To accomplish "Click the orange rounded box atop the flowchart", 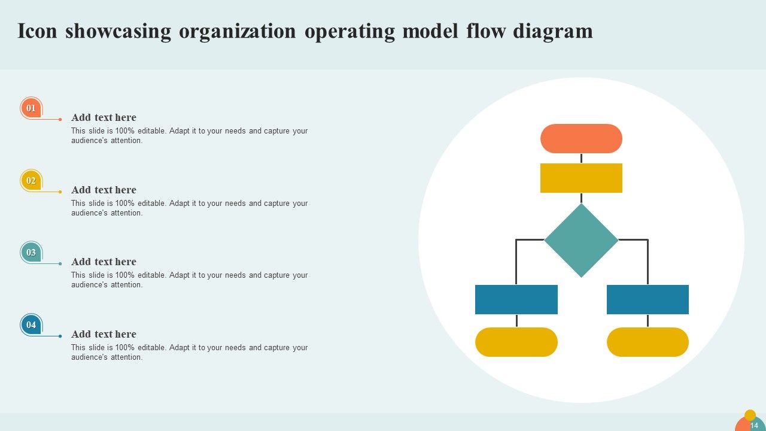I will click(x=581, y=138).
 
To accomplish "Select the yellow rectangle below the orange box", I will click(x=581, y=178).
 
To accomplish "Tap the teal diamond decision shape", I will click(x=581, y=240).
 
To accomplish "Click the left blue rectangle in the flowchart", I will click(x=516, y=299).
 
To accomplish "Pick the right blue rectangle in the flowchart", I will click(x=648, y=299).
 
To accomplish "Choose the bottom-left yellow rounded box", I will click(x=516, y=342).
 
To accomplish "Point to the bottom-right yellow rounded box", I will click(x=648, y=342).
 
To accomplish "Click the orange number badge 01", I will click(x=31, y=108).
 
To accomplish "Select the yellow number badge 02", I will click(x=31, y=180).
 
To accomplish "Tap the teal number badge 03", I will click(x=31, y=252).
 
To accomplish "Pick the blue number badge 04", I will click(x=31, y=324).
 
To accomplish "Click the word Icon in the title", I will click(x=37, y=31).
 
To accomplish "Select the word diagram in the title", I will click(x=553, y=31).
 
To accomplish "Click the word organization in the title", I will click(x=237, y=31).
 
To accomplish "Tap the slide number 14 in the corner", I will click(x=754, y=425).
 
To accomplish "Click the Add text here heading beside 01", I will click(x=104, y=117).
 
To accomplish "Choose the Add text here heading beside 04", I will click(x=104, y=334).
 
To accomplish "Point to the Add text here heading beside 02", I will click(x=104, y=190).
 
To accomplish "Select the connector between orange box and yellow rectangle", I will click(x=581, y=158).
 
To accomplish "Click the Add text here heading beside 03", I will click(x=104, y=262).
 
